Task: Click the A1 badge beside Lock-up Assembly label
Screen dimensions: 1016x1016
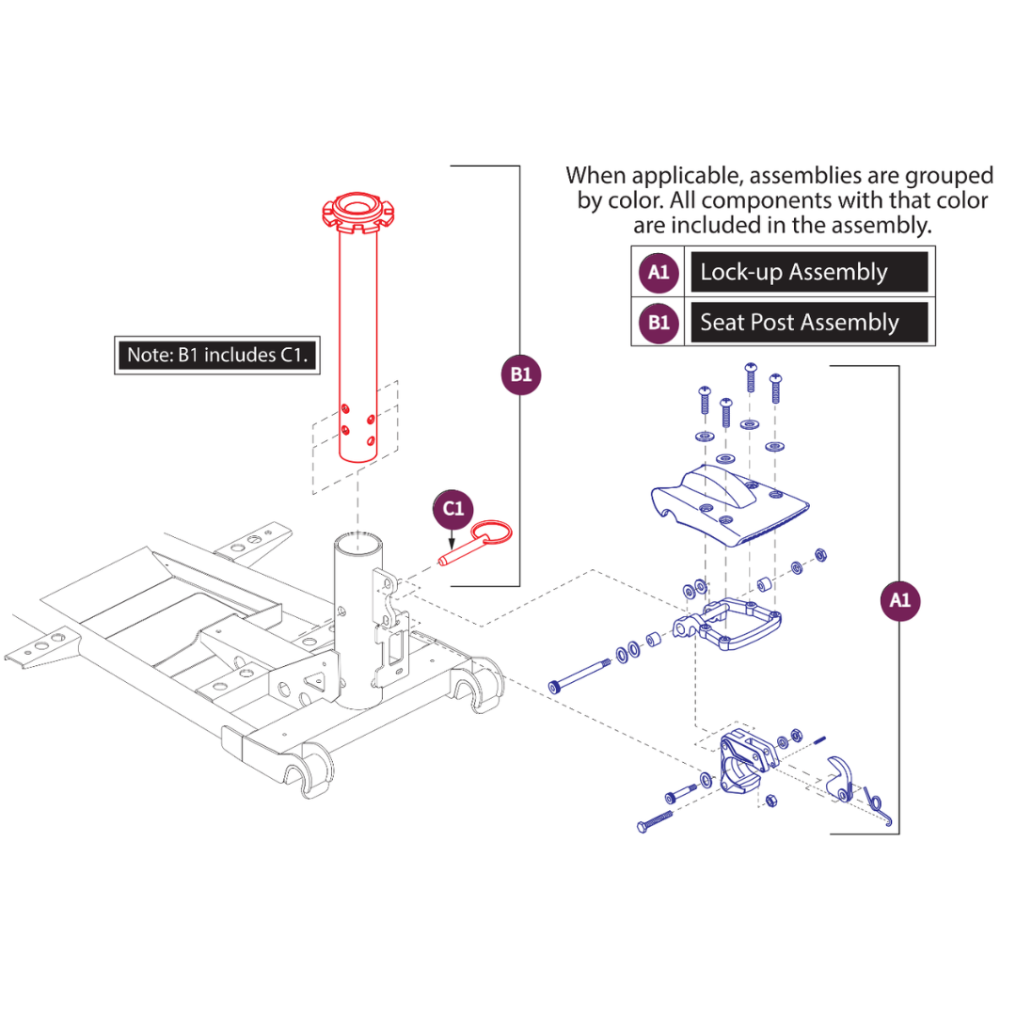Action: pyautogui.click(x=659, y=273)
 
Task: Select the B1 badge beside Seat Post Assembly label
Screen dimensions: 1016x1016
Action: pyautogui.click(x=659, y=324)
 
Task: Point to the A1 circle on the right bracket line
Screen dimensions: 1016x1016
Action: pyautogui.click(x=900, y=599)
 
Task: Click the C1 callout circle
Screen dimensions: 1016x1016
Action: pyautogui.click(x=454, y=510)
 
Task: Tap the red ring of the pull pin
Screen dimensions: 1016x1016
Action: pyautogui.click(x=493, y=533)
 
